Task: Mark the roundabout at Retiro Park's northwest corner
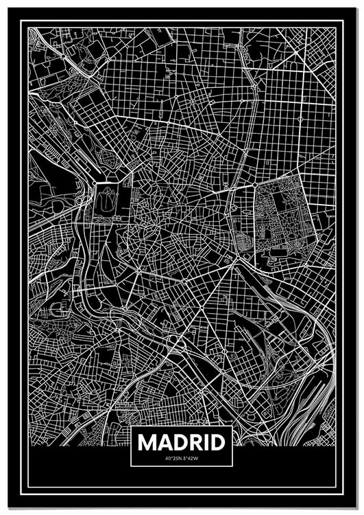click(255, 185)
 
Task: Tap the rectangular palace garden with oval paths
click(107, 202)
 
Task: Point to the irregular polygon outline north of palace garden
click(109, 157)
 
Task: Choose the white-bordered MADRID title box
click(182, 447)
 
